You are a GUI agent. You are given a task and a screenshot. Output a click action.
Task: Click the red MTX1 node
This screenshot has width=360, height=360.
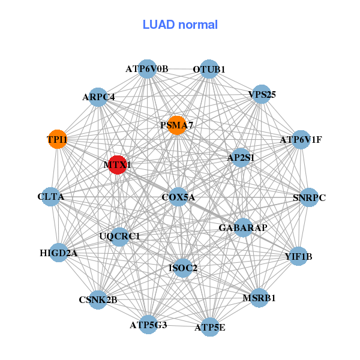click(118, 164)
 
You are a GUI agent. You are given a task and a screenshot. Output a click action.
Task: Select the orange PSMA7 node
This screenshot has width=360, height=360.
click(176, 125)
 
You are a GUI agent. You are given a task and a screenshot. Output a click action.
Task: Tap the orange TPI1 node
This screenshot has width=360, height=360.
click(57, 139)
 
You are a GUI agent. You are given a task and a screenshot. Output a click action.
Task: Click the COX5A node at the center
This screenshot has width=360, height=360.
click(178, 197)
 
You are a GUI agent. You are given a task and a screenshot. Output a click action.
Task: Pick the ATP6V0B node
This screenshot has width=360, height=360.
click(147, 68)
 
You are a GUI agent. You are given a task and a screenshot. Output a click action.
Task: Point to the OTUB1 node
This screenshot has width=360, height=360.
click(209, 69)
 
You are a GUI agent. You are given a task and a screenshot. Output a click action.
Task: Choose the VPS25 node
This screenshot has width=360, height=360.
click(261, 94)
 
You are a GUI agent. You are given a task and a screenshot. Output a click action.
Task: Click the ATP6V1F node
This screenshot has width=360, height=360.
click(300, 140)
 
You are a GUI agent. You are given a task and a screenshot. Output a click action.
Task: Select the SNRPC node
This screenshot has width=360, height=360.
click(308, 197)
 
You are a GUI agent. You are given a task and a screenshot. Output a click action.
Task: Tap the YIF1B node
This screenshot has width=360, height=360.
click(298, 256)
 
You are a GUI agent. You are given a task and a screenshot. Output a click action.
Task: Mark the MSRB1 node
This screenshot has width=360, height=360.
click(259, 298)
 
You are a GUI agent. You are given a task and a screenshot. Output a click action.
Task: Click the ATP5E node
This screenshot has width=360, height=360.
click(210, 327)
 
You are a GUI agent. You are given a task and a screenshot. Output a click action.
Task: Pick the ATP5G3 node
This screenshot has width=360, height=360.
click(148, 325)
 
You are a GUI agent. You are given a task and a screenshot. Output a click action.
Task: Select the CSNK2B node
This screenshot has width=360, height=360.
click(98, 299)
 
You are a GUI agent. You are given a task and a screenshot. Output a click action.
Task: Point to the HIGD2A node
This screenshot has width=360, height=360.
click(59, 253)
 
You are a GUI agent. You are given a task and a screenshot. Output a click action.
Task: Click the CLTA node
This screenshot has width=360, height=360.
click(51, 196)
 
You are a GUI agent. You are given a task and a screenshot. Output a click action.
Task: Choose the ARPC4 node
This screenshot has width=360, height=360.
click(98, 97)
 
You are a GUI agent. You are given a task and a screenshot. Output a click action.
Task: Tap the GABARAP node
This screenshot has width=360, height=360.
click(243, 227)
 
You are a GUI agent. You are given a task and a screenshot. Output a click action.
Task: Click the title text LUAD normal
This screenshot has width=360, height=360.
click(180, 25)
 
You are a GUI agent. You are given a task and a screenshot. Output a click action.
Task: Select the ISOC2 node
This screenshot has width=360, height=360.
click(184, 267)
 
